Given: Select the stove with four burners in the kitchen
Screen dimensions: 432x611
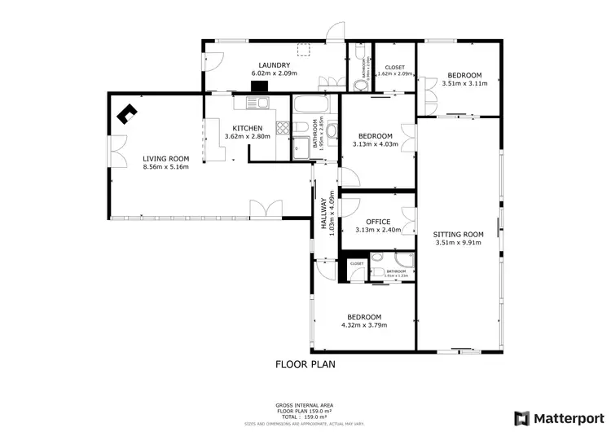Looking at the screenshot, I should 283,127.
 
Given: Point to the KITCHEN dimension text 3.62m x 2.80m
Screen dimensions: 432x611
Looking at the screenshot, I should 248,137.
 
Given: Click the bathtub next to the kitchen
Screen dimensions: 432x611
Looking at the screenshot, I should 311,104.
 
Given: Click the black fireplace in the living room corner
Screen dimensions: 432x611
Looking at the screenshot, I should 128,115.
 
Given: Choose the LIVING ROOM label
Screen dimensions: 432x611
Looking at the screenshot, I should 165,158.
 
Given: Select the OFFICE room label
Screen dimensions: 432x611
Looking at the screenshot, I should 377,222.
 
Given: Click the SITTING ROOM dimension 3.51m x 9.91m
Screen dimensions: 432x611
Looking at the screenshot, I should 459,243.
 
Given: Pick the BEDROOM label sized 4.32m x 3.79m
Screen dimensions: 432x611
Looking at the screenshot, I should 363,325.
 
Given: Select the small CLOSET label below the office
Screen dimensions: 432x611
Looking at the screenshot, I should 357,263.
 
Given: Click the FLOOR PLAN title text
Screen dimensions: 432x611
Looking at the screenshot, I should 305,364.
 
